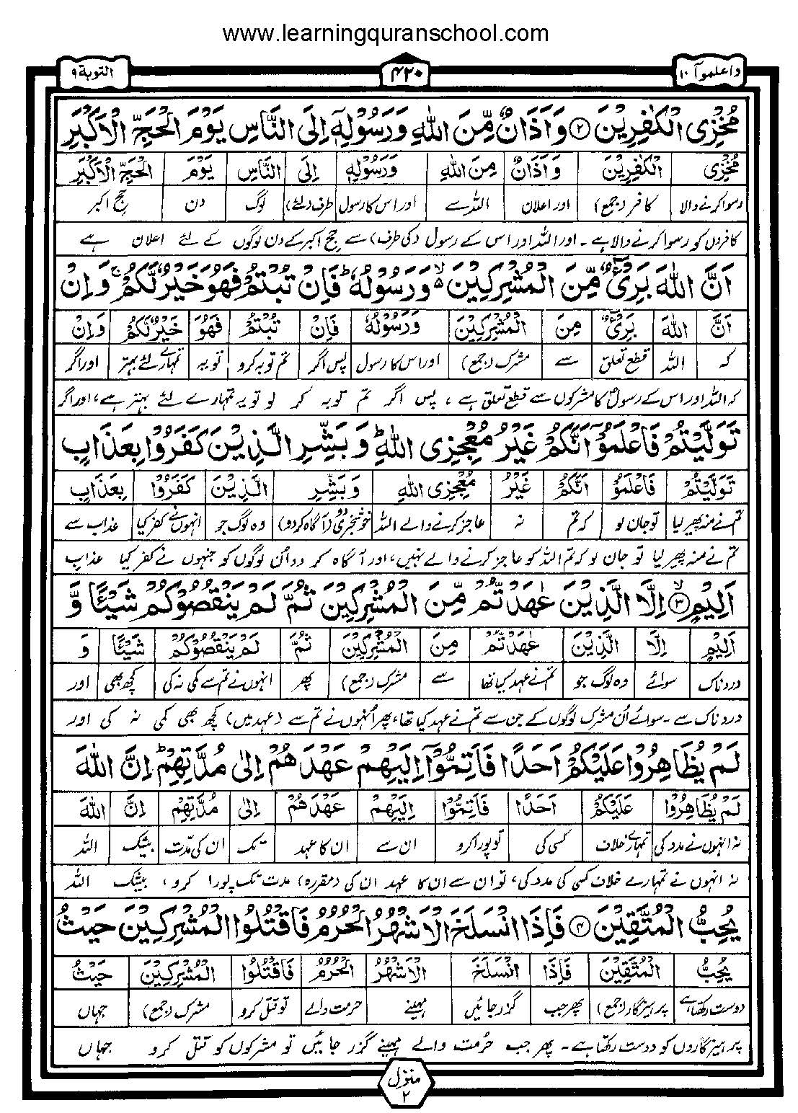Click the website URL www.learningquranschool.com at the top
(x=385, y=33)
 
